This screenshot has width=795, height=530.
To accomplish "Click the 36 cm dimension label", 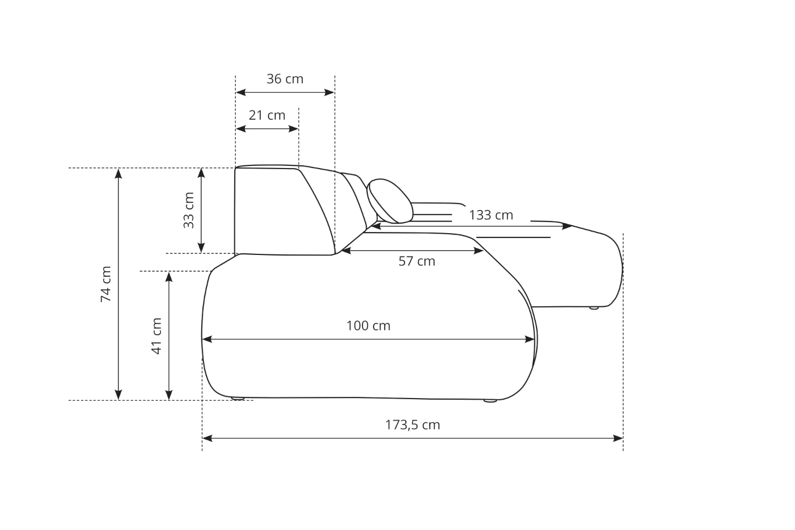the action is (x=285, y=79).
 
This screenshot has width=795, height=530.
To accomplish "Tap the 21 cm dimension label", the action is (x=267, y=116).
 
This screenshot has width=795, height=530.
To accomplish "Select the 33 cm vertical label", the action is (x=189, y=210).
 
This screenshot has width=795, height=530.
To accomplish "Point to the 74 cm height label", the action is (x=106, y=284).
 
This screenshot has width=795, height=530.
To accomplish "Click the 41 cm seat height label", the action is (x=156, y=336).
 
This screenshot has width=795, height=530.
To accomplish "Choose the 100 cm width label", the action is (x=368, y=326).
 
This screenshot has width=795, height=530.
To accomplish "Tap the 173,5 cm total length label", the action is (x=413, y=425).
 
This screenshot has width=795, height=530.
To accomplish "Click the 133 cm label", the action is (x=491, y=215).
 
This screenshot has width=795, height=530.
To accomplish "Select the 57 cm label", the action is (x=417, y=261).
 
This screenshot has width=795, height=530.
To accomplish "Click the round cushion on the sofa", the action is (x=390, y=201).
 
